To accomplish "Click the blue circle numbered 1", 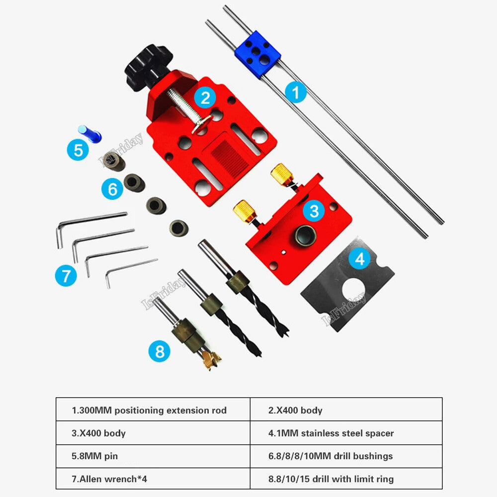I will [x=296, y=93].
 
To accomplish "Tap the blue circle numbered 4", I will [x=359, y=259].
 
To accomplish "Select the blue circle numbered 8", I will [x=159, y=352].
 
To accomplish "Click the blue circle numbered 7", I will [x=66, y=275].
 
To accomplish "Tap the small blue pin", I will [x=90, y=133].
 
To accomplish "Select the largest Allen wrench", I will [x=89, y=224].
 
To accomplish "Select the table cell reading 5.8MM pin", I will [x=153, y=456].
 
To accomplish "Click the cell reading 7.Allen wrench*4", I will [x=153, y=479].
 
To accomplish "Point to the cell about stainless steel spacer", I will [x=345, y=433].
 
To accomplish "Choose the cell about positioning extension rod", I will [x=153, y=410].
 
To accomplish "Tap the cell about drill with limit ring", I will [x=345, y=479].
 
